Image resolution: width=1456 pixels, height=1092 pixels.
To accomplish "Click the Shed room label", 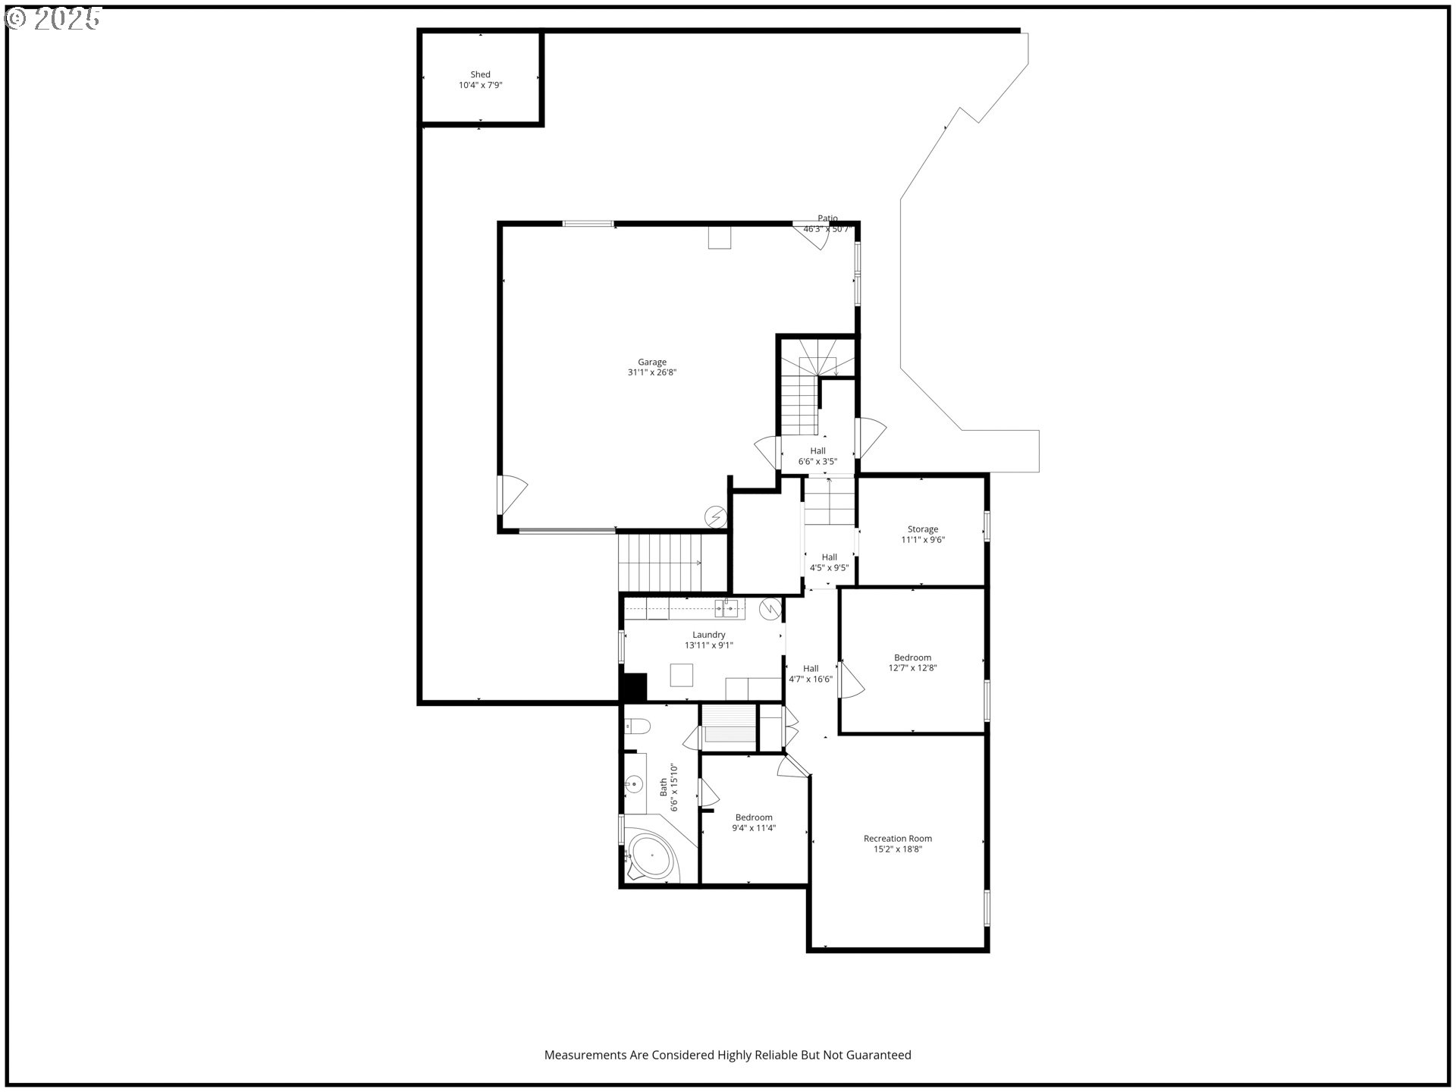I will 480,74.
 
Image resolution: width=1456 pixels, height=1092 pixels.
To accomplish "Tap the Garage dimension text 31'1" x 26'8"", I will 651,372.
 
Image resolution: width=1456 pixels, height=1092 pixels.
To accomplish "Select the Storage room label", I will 922,529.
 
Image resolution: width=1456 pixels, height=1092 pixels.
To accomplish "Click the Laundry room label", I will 708,635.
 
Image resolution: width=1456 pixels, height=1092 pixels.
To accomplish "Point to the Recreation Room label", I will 897,838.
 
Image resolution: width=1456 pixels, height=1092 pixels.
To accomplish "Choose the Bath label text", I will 664,787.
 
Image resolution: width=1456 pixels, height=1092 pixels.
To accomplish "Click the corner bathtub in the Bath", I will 650,858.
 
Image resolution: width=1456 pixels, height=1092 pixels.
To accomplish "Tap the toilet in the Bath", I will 637,726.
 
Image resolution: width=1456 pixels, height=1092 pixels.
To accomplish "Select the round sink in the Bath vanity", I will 634,784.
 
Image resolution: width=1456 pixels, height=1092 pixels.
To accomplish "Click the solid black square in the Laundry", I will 633,687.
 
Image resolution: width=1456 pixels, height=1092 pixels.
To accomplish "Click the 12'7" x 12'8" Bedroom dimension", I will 912,668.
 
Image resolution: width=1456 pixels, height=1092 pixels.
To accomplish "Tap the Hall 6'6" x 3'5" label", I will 817,456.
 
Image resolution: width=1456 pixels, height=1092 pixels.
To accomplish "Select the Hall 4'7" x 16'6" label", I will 811,674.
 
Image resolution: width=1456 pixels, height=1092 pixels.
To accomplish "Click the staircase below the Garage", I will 661,562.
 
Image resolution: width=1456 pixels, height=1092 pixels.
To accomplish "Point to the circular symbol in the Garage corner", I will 715,517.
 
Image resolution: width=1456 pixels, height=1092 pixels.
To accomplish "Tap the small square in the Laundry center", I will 681,675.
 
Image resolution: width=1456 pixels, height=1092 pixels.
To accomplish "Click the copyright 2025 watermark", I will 53,19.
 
